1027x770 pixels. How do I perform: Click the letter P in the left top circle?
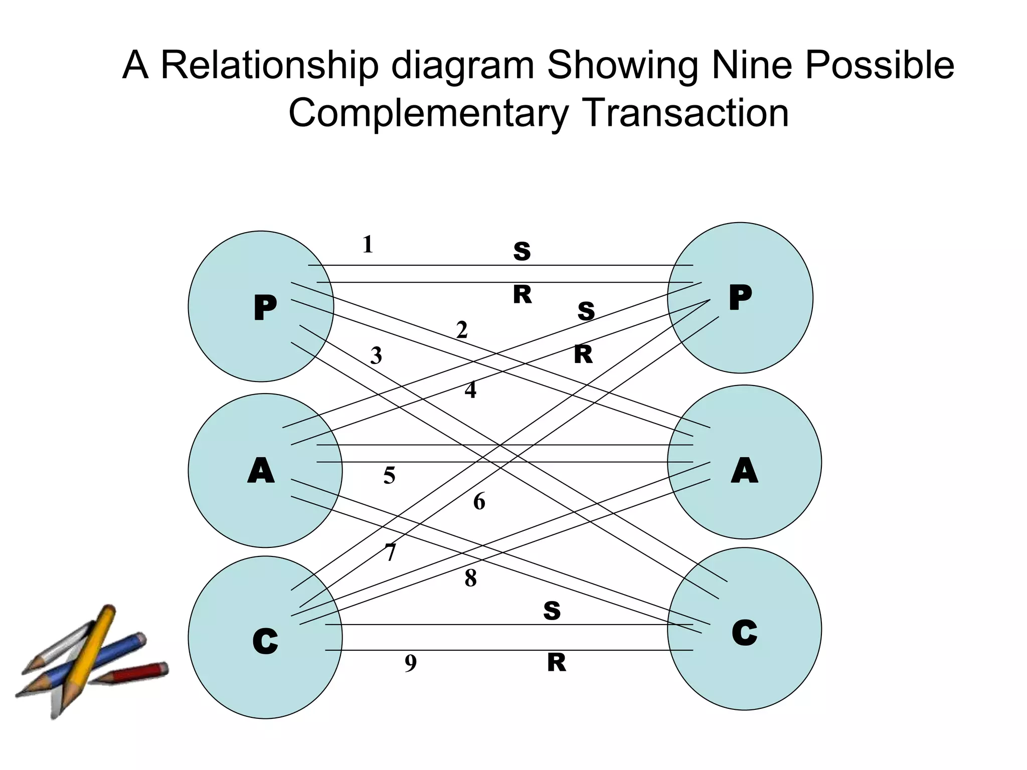(x=265, y=307)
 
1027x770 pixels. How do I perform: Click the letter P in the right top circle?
(x=740, y=297)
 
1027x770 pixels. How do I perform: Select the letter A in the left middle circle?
(x=261, y=471)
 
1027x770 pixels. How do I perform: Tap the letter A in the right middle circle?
(x=744, y=471)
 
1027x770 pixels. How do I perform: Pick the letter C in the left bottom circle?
(x=265, y=641)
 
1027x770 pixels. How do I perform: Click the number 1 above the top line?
(x=368, y=245)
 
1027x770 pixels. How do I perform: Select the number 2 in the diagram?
(x=462, y=330)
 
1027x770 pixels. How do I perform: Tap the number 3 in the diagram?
(x=376, y=356)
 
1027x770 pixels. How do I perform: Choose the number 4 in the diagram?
(x=470, y=390)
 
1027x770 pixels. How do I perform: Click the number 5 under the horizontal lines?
(x=389, y=475)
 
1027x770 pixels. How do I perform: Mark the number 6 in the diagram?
(x=479, y=501)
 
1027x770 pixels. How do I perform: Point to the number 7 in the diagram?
(x=391, y=552)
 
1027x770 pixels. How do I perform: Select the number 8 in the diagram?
(x=470, y=579)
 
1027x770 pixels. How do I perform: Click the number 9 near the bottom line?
(x=410, y=664)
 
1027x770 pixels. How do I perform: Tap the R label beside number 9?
(x=556, y=663)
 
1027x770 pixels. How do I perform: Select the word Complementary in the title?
(x=429, y=113)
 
